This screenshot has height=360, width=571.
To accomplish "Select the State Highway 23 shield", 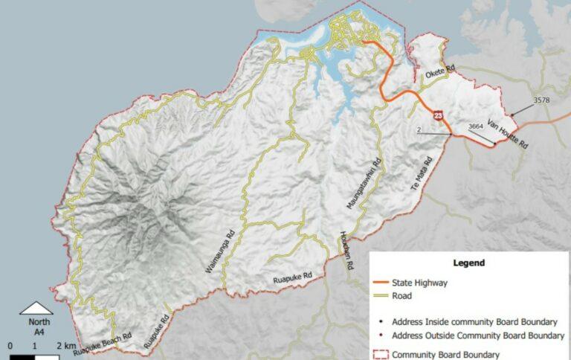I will [439, 115].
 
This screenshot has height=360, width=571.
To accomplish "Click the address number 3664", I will [476, 127].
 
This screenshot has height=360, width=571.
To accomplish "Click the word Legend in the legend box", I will [468, 263].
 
